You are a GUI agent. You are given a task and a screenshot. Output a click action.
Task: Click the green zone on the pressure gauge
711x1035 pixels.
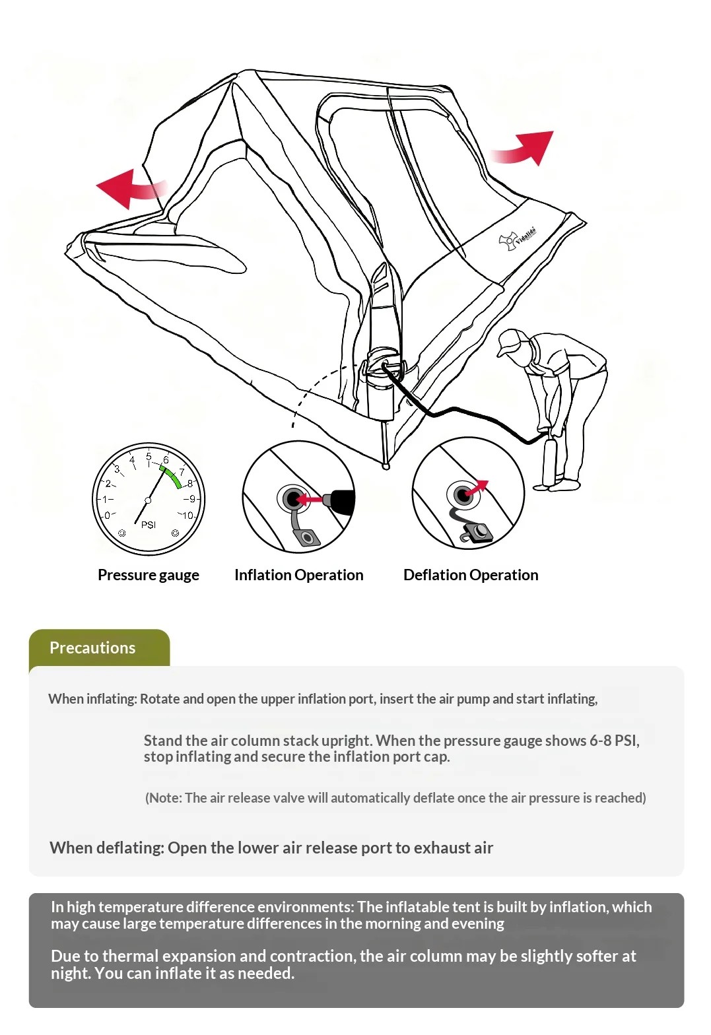172,477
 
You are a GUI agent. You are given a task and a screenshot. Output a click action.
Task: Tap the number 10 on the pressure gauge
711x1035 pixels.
187,515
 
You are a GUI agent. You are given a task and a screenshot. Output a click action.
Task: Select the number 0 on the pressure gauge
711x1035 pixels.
107,515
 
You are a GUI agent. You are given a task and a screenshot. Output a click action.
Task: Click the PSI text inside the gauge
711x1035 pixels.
149,525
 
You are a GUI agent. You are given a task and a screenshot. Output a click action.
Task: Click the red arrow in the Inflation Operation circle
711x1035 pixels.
309,499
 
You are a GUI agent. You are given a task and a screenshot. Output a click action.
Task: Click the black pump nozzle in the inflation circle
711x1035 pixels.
339,500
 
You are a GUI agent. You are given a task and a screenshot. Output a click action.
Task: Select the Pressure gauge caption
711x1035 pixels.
149,575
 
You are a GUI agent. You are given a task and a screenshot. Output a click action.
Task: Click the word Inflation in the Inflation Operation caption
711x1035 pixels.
263,575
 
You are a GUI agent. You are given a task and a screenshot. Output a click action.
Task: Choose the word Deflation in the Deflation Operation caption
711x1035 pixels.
435,575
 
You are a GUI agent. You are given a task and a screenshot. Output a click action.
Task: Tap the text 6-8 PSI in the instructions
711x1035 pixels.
614,741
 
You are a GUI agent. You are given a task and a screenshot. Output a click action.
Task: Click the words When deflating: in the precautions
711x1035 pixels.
107,848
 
